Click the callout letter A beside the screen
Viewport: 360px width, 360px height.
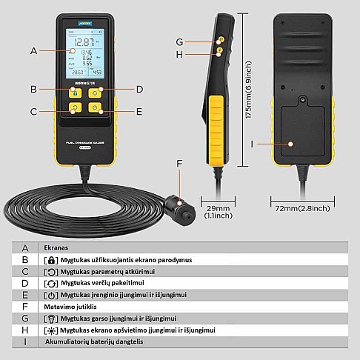[x=33, y=51]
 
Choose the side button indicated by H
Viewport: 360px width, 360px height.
[x=220, y=51]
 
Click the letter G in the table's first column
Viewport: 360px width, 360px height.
[x=25, y=317]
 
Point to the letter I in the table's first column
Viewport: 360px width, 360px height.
[x=25, y=341]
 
